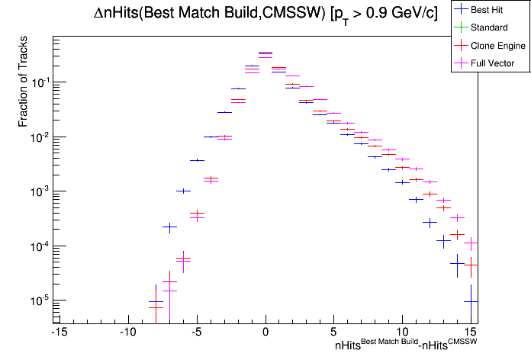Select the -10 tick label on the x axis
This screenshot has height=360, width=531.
[127, 332]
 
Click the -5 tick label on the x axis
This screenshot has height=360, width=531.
[196, 332]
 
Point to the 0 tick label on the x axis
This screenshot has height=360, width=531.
[265, 332]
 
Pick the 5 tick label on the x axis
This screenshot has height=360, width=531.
[334, 332]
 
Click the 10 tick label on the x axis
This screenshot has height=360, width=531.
[403, 332]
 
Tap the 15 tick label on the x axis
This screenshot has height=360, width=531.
[472, 332]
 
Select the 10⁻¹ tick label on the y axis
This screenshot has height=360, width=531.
[38, 82]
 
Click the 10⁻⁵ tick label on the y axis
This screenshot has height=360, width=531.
[38, 301]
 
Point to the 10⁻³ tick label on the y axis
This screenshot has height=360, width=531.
[38, 191]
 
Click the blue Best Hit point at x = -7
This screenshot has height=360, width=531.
[169, 227]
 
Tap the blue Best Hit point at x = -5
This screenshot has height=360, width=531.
[197, 160]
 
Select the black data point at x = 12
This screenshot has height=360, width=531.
[430, 223]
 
